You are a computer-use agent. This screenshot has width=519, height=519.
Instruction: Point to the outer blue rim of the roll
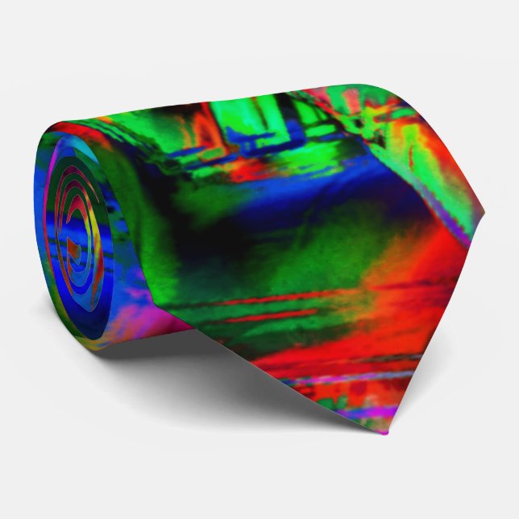point(48,242)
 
